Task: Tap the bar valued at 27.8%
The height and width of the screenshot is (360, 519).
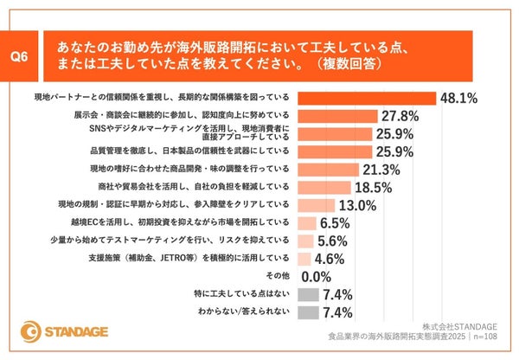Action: click(338, 115)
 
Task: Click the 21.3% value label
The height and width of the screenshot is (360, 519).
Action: click(384, 169)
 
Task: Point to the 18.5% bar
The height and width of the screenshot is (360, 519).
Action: click(325, 187)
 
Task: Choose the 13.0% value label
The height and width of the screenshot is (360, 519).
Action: click(356, 205)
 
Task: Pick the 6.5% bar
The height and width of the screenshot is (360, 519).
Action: click(306, 222)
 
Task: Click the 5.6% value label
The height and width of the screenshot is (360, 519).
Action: click(333, 241)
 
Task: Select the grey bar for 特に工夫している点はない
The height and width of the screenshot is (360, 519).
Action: click(307, 295)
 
